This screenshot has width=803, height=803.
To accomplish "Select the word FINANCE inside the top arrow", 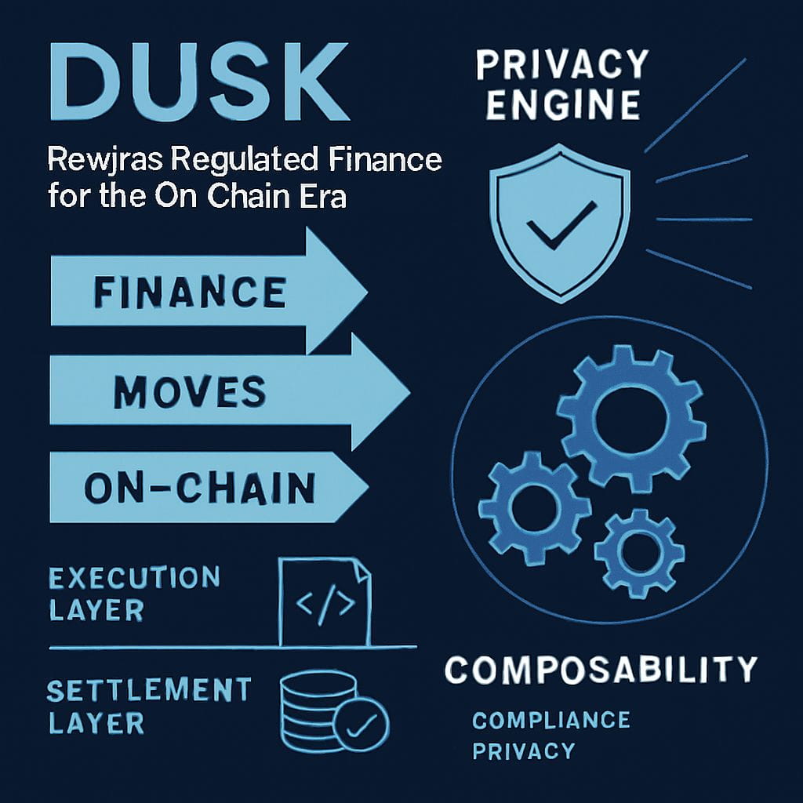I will (x=189, y=294).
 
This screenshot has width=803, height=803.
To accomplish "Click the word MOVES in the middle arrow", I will (x=189, y=391).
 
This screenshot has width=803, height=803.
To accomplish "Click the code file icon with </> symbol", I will (x=324, y=603).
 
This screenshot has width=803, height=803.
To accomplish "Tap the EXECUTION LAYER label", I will (x=133, y=593).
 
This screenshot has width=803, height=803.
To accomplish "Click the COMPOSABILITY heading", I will (x=601, y=671).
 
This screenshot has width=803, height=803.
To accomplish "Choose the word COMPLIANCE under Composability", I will (x=550, y=719).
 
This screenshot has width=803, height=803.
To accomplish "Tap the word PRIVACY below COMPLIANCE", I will (x=523, y=750).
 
